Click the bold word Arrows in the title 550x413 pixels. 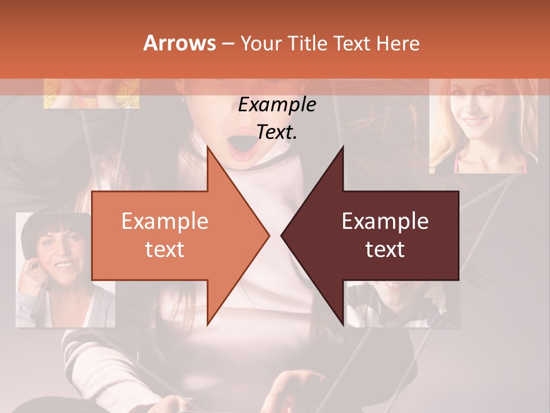[x=179, y=43]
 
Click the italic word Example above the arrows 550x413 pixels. [x=277, y=105]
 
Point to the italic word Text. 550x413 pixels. [x=277, y=133]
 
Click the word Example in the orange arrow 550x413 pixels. [x=165, y=221]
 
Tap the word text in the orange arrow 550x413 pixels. [x=165, y=250]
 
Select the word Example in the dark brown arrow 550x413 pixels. [x=385, y=221]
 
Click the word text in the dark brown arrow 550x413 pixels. [x=385, y=250]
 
